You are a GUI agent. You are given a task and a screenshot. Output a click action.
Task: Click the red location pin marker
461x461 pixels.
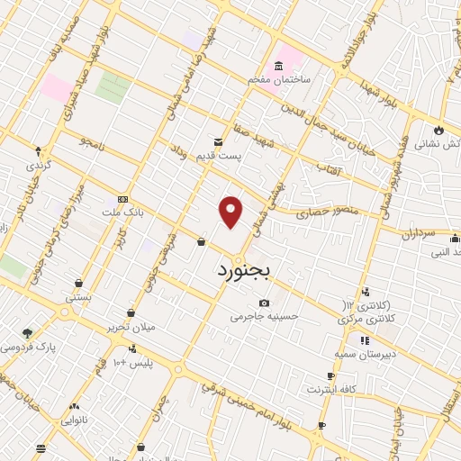click(231, 212)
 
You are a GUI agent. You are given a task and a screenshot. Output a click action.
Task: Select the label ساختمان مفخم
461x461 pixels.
click(280, 79)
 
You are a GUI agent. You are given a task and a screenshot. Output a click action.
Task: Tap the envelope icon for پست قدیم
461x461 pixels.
click(217, 142)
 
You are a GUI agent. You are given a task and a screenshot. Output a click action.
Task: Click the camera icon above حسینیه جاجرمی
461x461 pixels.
click(264, 303)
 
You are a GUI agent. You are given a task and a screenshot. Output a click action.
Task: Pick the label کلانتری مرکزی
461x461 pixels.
click(366, 318)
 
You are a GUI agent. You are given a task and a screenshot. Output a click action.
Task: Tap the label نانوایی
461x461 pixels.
click(76, 420)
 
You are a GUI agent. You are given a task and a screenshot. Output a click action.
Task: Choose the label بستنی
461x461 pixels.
click(79, 294)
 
